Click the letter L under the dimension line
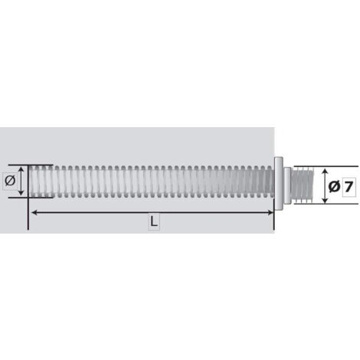click(154, 221)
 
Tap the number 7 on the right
click(349, 187)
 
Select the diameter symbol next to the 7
click(335, 187)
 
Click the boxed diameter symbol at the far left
click(10, 181)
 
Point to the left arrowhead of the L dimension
click(34, 212)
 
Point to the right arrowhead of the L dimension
click(270, 212)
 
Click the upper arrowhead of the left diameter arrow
click(21, 169)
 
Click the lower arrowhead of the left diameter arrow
click(21, 193)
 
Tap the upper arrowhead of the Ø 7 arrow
click(325, 172)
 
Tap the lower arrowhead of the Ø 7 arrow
click(325, 200)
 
